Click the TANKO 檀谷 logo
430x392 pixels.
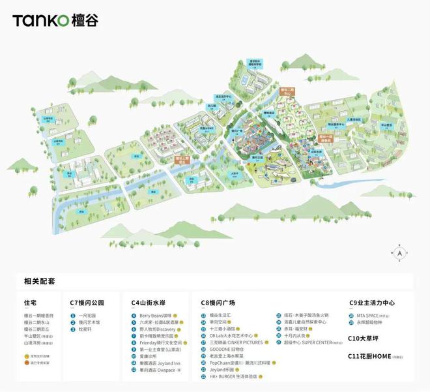[55, 20]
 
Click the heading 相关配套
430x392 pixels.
[40, 281]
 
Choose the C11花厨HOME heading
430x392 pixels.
[372, 356]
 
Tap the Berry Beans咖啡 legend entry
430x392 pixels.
[154, 315]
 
